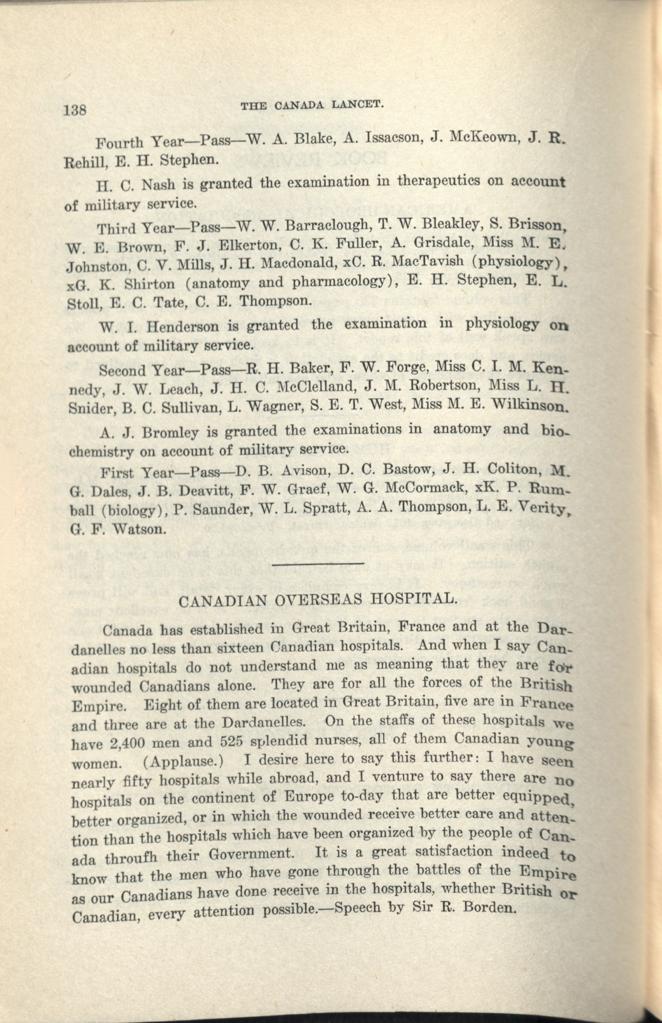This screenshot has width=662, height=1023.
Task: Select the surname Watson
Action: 139,528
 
